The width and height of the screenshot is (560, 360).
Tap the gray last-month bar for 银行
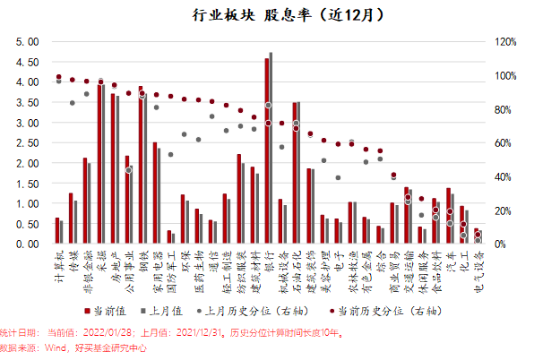click(271, 148)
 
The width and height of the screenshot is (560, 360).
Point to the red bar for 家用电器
click(155, 193)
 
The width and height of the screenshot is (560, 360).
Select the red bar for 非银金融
click(85, 201)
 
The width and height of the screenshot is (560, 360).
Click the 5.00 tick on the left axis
click(28, 42)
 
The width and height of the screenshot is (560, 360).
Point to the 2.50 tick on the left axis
click(28, 143)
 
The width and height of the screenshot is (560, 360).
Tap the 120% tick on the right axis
click(507, 42)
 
